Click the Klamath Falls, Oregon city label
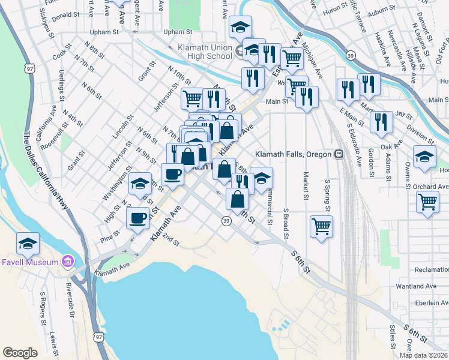[x=294, y=154]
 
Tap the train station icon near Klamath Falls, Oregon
[x=339, y=154]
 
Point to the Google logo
[x=20, y=353]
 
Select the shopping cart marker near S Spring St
[x=322, y=226]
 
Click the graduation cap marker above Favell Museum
[x=28, y=244]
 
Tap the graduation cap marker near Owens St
[x=424, y=156]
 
